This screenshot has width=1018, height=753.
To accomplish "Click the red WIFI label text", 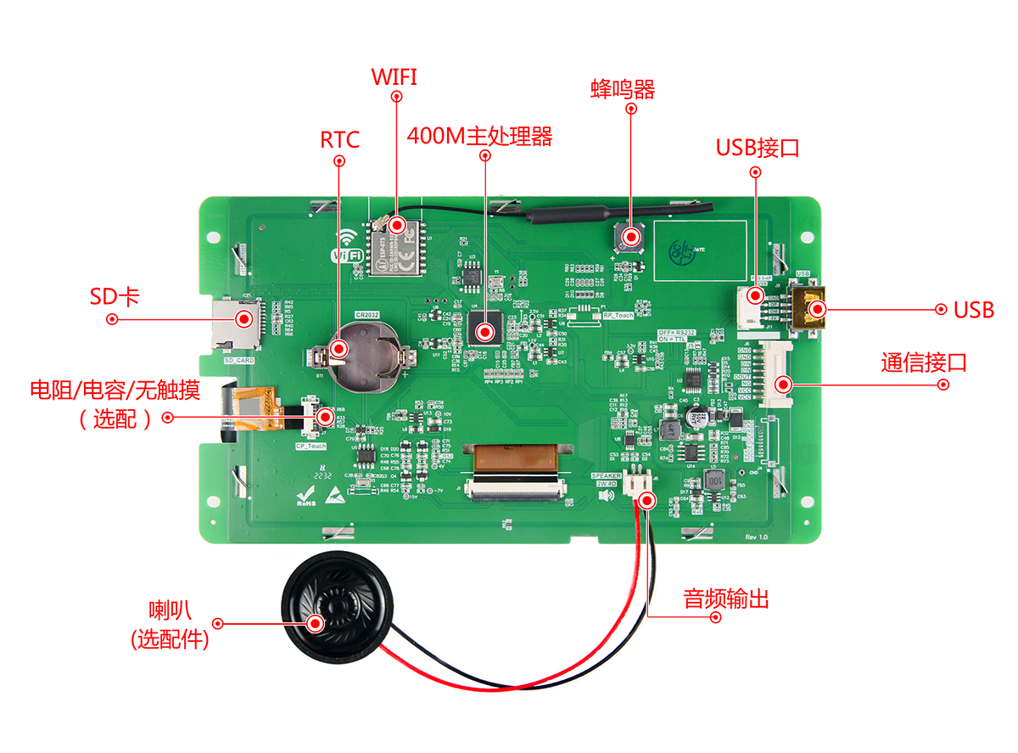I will [x=394, y=76].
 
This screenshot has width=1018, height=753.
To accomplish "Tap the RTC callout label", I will [x=339, y=139].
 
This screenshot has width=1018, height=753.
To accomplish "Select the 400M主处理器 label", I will [x=480, y=136].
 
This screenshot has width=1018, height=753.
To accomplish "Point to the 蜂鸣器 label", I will [x=623, y=89].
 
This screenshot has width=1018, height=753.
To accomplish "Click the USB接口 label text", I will [x=758, y=148].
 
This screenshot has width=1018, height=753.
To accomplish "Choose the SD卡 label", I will [x=115, y=296].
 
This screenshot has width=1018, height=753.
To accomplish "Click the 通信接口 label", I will [x=924, y=363].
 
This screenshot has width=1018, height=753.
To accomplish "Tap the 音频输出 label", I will [x=726, y=598].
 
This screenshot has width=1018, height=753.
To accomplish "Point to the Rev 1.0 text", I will [x=756, y=537].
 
